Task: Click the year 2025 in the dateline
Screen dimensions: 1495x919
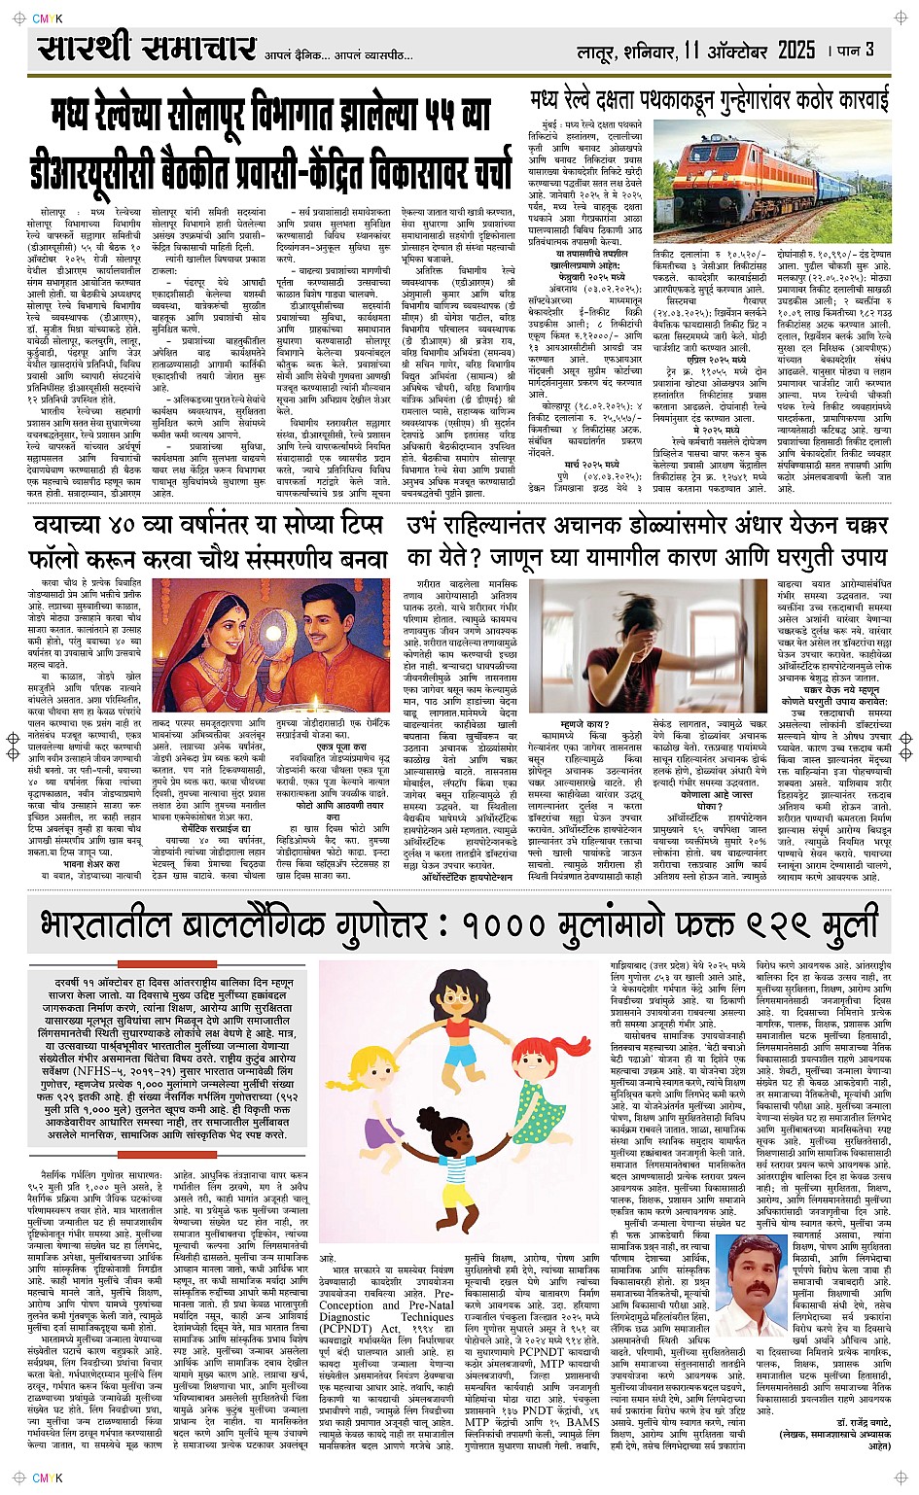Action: [795, 50]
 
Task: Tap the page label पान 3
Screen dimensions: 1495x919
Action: [857, 50]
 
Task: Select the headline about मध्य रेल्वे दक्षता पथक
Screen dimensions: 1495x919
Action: [709, 100]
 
